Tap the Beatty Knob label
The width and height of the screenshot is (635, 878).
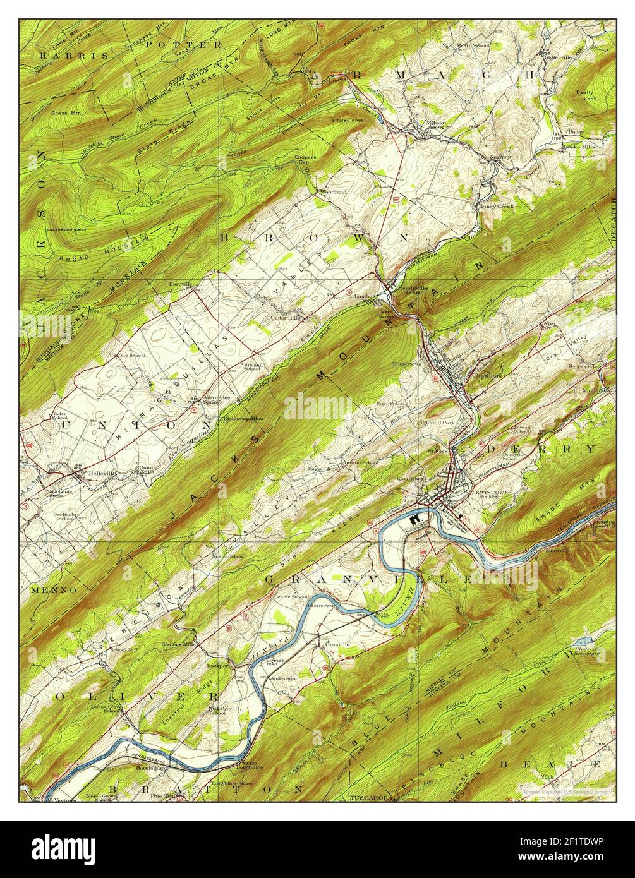pyautogui.click(x=585, y=95)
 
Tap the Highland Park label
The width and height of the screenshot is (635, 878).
pyautogui.click(x=435, y=422)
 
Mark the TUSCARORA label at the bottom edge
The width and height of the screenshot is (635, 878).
pyautogui.click(x=370, y=797)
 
